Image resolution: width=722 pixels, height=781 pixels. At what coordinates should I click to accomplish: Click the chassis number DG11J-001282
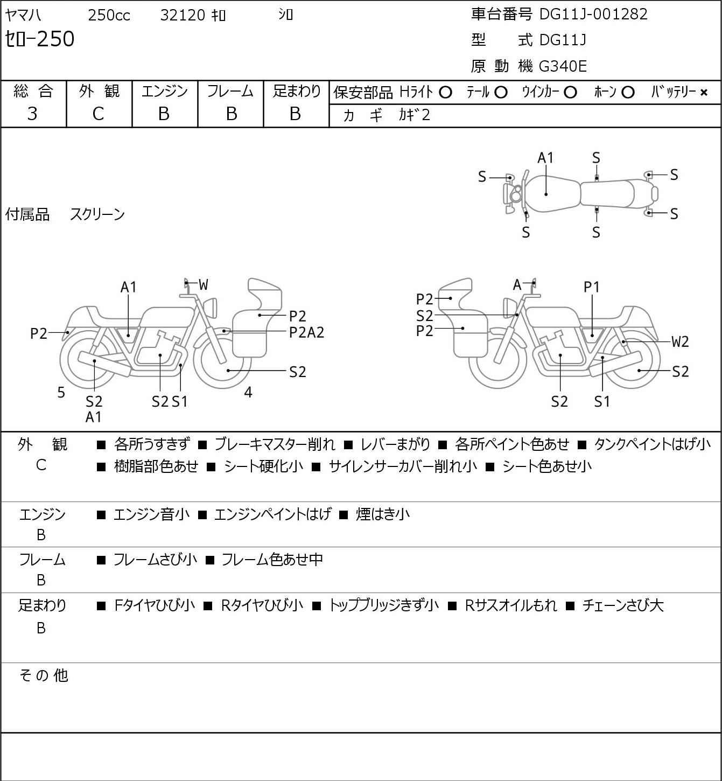point(593,14)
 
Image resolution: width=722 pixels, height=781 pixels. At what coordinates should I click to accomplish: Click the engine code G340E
point(563,66)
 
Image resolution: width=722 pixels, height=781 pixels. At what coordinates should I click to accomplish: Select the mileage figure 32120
point(183,15)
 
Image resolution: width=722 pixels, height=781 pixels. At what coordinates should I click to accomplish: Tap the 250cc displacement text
point(109,15)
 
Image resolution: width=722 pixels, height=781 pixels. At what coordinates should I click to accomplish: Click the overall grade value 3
point(32,114)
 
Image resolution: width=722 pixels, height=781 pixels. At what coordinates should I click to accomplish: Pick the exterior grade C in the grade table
point(98,114)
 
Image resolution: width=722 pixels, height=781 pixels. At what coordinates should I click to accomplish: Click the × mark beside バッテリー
point(704,93)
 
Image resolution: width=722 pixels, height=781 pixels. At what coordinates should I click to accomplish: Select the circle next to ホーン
point(628,93)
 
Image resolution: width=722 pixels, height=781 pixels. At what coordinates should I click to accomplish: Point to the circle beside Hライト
point(445,93)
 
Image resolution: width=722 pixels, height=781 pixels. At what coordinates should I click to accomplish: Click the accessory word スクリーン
point(97,214)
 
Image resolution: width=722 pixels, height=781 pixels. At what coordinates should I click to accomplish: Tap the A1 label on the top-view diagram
point(545,158)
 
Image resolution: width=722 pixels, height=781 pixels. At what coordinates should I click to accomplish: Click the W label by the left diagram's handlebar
point(203,285)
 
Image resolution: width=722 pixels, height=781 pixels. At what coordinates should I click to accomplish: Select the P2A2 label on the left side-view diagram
point(306,332)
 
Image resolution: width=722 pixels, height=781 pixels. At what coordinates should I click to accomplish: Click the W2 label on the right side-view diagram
point(680,341)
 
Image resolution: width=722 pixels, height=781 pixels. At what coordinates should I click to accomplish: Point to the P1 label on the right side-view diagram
point(591,287)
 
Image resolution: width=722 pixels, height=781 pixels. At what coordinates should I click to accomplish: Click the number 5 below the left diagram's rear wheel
point(61,393)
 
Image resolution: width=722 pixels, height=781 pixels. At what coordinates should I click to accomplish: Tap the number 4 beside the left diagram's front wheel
point(248,393)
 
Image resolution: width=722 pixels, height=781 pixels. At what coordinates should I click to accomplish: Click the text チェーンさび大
point(623,605)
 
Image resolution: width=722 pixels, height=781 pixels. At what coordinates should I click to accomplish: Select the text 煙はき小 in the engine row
point(382,514)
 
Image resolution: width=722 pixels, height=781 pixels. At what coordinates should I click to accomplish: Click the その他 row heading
point(43,675)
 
